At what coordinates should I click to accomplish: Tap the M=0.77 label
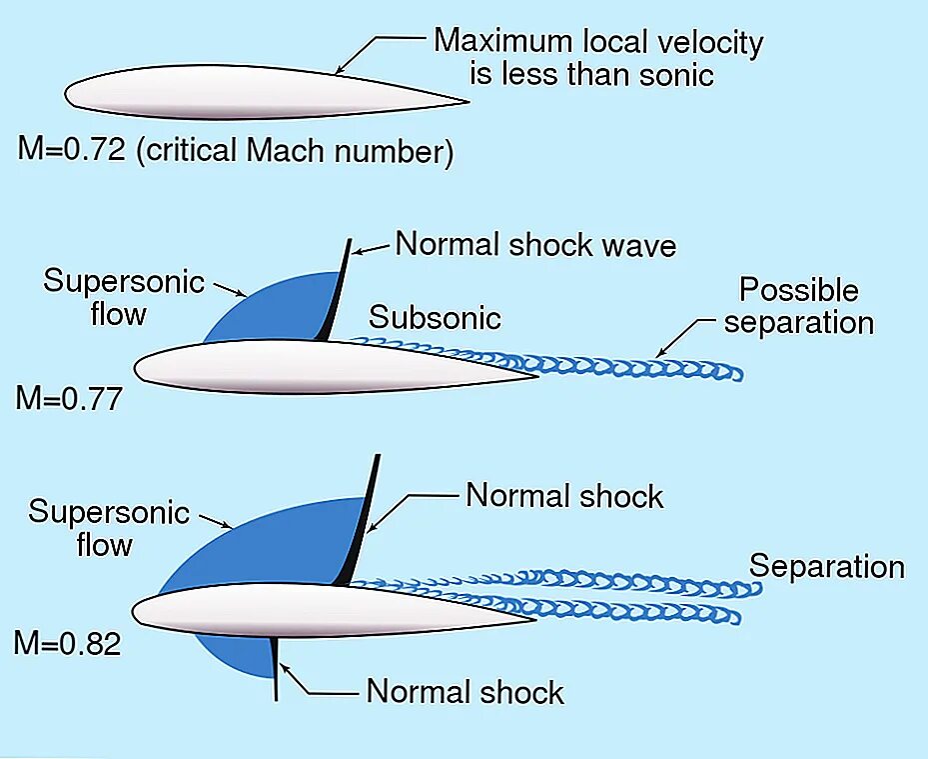pos(68,399)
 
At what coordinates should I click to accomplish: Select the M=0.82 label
pos(67,642)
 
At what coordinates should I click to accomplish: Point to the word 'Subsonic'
pos(435,318)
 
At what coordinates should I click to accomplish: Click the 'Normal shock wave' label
pos(535,245)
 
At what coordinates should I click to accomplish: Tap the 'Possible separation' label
pos(798,307)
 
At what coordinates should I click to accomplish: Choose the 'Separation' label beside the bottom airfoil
pos(826,567)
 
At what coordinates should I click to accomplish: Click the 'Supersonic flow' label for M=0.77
pos(123,297)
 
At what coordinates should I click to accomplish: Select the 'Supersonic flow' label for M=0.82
pos(108,529)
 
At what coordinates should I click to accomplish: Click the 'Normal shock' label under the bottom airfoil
pos(464,692)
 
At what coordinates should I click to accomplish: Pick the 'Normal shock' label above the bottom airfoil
pos(564,496)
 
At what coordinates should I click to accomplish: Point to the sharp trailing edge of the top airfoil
pos(466,101)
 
